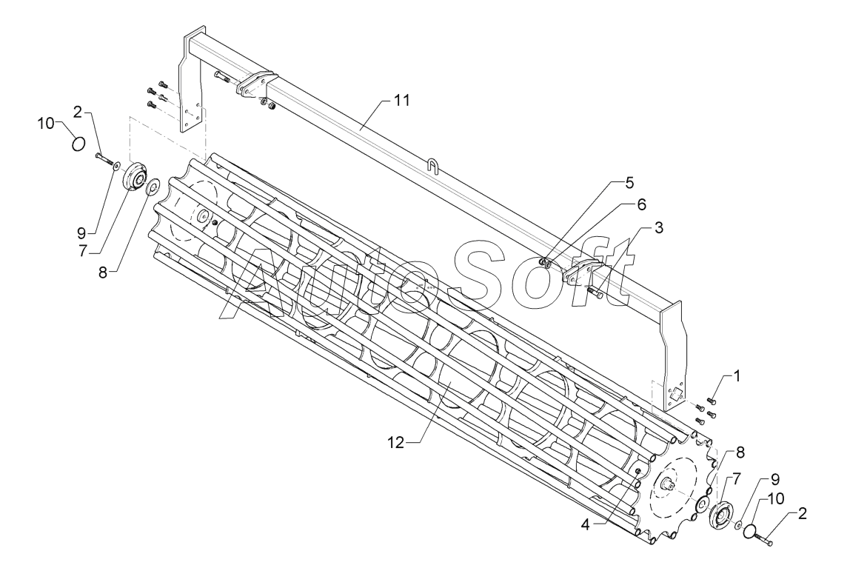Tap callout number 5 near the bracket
[x=629, y=181]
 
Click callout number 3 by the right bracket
[x=657, y=227]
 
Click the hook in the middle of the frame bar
[x=432, y=163]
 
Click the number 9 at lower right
[x=775, y=479]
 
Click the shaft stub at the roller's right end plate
[x=672, y=487]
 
